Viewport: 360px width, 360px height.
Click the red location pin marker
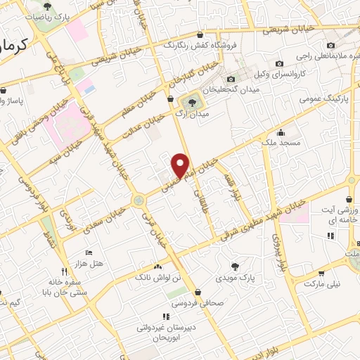181,165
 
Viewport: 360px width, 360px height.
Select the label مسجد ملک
281,143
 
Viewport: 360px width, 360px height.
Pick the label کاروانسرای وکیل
281,72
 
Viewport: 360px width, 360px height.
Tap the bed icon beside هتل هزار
88,252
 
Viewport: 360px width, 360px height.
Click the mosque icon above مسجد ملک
281,132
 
